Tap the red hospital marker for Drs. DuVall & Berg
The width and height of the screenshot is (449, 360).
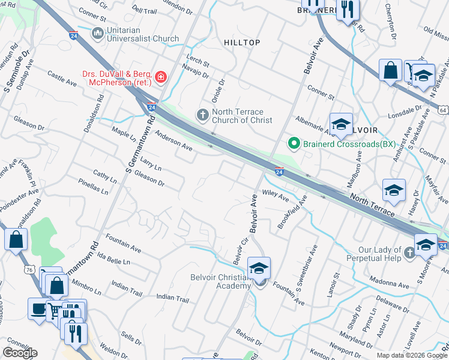click(160, 77)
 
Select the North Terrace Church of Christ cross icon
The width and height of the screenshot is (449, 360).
click(203, 114)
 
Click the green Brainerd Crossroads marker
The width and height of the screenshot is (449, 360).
click(294, 143)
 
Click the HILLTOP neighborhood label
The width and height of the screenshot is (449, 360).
click(242, 43)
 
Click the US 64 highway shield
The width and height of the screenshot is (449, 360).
click(442, 110)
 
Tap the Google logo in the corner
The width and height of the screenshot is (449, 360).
click(20, 353)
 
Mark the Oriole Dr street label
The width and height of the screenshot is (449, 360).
click(217, 91)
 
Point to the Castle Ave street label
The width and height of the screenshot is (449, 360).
click(62, 79)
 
